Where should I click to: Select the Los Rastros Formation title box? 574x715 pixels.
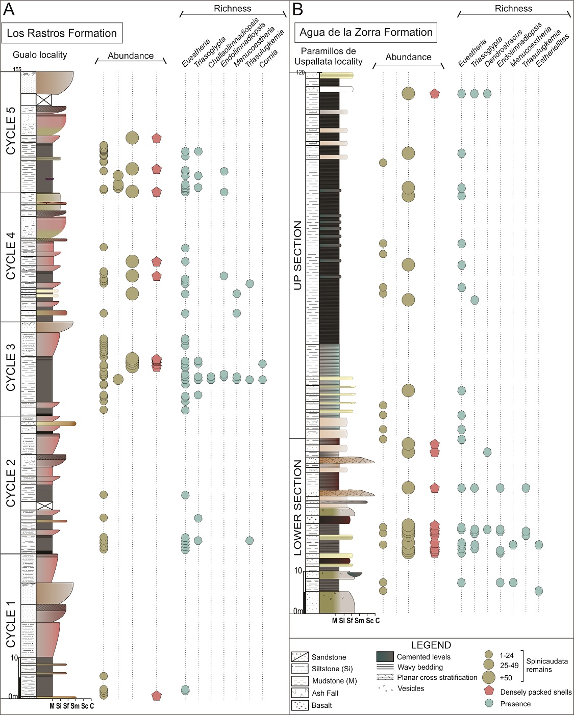(x=62, y=34)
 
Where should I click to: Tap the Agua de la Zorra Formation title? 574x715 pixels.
(x=366, y=33)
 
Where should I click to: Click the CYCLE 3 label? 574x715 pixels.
(x=11, y=367)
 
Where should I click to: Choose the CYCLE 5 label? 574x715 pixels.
(x=11, y=131)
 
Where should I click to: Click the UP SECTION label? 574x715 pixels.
(x=298, y=255)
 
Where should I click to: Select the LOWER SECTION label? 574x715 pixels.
(x=298, y=508)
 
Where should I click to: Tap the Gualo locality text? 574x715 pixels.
(x=40, y=55)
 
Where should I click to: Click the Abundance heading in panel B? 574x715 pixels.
(x=408, y=57)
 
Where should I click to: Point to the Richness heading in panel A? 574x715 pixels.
(x=232, y=9)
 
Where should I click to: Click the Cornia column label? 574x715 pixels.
(x=268, y=59)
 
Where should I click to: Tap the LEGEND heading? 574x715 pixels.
(x=431, y=645)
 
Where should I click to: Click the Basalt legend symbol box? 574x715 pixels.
(x=300, y=705)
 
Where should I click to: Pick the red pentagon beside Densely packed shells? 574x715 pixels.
(x=489, y=692)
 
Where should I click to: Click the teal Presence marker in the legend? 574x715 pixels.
(x=489, y=703)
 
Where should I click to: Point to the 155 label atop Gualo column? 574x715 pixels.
(x=17, y=69)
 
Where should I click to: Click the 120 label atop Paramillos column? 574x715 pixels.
(x=301, y=72)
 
